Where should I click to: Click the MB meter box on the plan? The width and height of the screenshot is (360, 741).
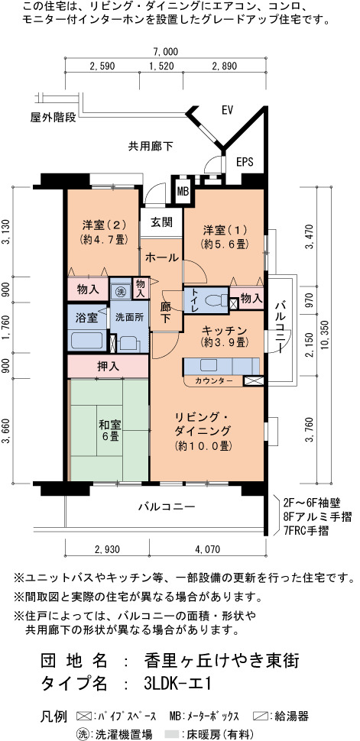tap(183, 191)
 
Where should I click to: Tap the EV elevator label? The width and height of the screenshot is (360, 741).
tap(228, 110)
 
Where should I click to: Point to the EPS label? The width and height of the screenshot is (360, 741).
tap(245, 162)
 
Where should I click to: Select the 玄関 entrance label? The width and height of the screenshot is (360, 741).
tap(161, 222)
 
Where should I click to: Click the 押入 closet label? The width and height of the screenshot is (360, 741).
tap(108, 366)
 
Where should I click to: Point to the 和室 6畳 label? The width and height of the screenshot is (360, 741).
tap(109, 429)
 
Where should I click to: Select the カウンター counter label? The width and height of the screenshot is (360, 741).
tap(214, 380)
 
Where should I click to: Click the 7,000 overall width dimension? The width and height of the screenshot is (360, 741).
tap(165, 51)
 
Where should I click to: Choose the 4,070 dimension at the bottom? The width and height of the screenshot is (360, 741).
tap(207, 549)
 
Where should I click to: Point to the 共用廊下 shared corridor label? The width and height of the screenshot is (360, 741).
tap(151, 147)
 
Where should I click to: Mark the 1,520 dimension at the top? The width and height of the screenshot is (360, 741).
tap(161, 66)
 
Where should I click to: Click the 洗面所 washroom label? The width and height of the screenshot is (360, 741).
tap(130, 318)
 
